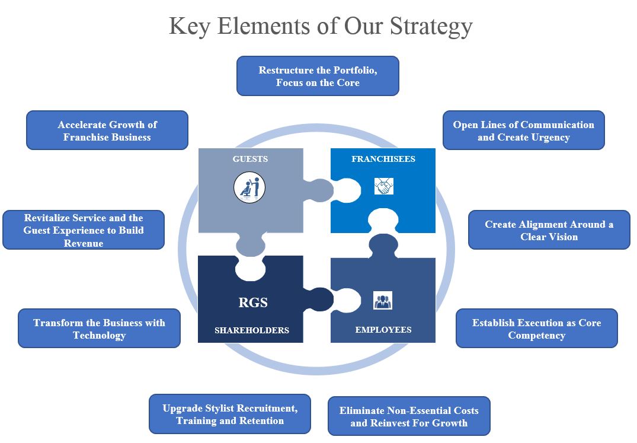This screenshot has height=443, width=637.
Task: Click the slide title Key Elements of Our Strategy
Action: click(321, 27)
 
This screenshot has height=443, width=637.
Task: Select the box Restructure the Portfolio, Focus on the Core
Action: click(318, 76)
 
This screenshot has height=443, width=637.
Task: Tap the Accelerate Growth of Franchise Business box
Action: click(107, 130)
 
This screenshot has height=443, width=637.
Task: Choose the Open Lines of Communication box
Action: click(524, 130)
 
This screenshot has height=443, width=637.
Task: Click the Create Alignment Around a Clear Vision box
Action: click(549, 230)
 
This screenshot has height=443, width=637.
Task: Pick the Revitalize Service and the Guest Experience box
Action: click(84, 230)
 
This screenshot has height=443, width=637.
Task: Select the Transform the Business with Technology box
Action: click(99, 329)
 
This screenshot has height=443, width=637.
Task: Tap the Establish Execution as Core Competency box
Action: click(537, 329)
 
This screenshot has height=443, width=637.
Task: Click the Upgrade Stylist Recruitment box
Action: click(230, 415)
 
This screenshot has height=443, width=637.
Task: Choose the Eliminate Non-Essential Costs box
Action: click(409, 416)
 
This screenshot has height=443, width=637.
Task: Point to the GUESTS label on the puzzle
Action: click(250, 159)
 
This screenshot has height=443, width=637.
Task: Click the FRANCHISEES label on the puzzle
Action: click(383, 159)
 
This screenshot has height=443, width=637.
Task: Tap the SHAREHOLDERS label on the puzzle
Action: click(252, 330)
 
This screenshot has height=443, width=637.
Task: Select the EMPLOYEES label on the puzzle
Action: click(383, 330)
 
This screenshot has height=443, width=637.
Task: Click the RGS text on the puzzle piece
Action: click(253, 302)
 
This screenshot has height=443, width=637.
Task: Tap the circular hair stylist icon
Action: click(249, 188)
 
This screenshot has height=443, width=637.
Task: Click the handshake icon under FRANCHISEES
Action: click(384, 187)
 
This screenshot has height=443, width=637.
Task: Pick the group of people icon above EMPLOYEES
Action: click(383, 301)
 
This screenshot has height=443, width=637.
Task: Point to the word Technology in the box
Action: click(99, 336)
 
